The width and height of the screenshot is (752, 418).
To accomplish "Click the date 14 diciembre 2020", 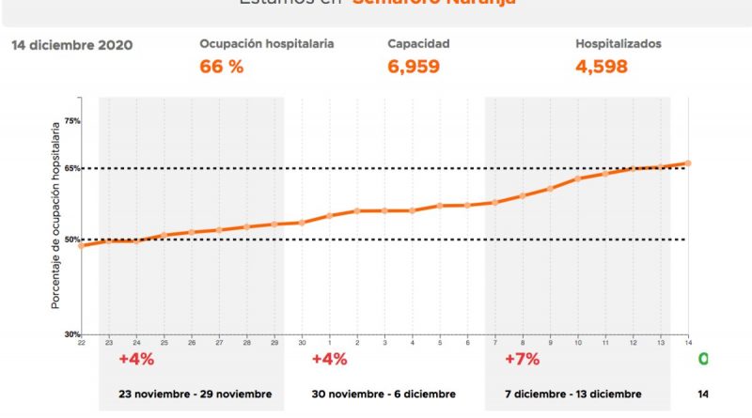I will [x=71, y=45].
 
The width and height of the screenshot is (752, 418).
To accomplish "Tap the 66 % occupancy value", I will [x=222, y=67].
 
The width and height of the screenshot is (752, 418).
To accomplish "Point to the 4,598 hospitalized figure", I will [x=602, y=67].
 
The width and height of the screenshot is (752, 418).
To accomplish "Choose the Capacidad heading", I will [x=418, y=44].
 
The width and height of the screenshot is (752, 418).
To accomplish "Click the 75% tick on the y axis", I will [x=72, y=121].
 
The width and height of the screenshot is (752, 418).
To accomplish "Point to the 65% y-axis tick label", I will [x=72, y=169].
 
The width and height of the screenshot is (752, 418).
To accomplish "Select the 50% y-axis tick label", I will [x=72, y=240].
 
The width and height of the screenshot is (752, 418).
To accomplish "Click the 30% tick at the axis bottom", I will [x=72, y=334].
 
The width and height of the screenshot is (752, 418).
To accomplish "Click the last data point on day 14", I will [x=688, y=163].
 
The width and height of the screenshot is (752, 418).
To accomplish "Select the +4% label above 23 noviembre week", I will [x=136, y=360].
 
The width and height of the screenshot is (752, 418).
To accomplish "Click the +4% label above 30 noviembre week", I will [x=329, y=360].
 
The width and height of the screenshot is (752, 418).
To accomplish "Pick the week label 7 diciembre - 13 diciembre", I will [x=572, y=394].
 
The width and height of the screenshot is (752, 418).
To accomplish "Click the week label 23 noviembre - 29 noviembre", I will [x=195, y=394].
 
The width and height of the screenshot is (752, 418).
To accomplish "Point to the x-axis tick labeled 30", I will [x=302, y=344].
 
